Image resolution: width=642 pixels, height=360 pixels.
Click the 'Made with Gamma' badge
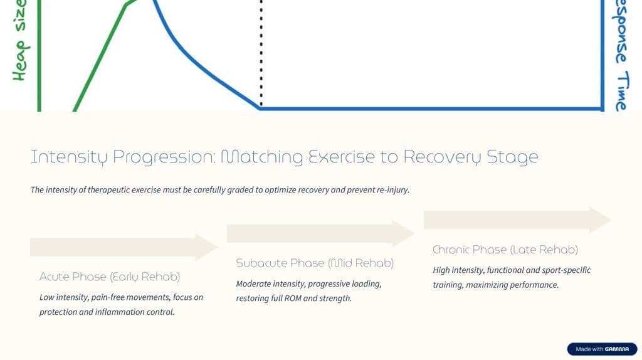click(602, 349)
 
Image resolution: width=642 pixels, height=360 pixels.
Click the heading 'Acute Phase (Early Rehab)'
click(110, 277)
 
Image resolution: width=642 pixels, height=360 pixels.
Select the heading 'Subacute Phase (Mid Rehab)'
click(315, 263)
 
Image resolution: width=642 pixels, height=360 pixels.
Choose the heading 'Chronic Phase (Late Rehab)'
click(505, 250)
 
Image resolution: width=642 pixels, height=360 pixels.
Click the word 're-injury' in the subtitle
click(392, 190)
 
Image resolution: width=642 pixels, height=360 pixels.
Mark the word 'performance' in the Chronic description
click(534, 285)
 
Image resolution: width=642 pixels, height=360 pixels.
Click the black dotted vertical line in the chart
click(261, 56)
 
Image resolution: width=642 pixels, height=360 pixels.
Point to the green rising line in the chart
click(100, 56)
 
